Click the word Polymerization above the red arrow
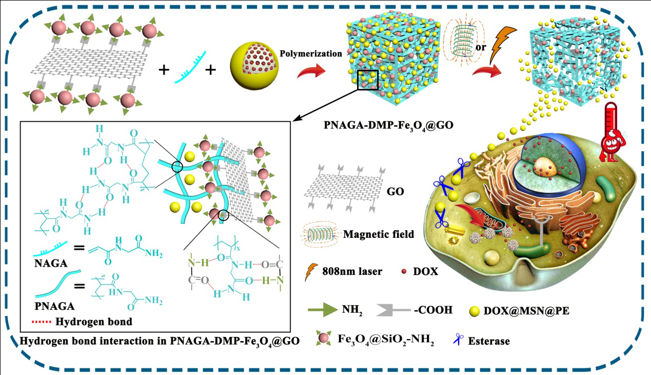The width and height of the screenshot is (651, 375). pos(311,53)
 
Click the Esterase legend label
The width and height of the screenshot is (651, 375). pos(489,340)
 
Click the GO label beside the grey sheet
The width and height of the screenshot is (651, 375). pos(396,193)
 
